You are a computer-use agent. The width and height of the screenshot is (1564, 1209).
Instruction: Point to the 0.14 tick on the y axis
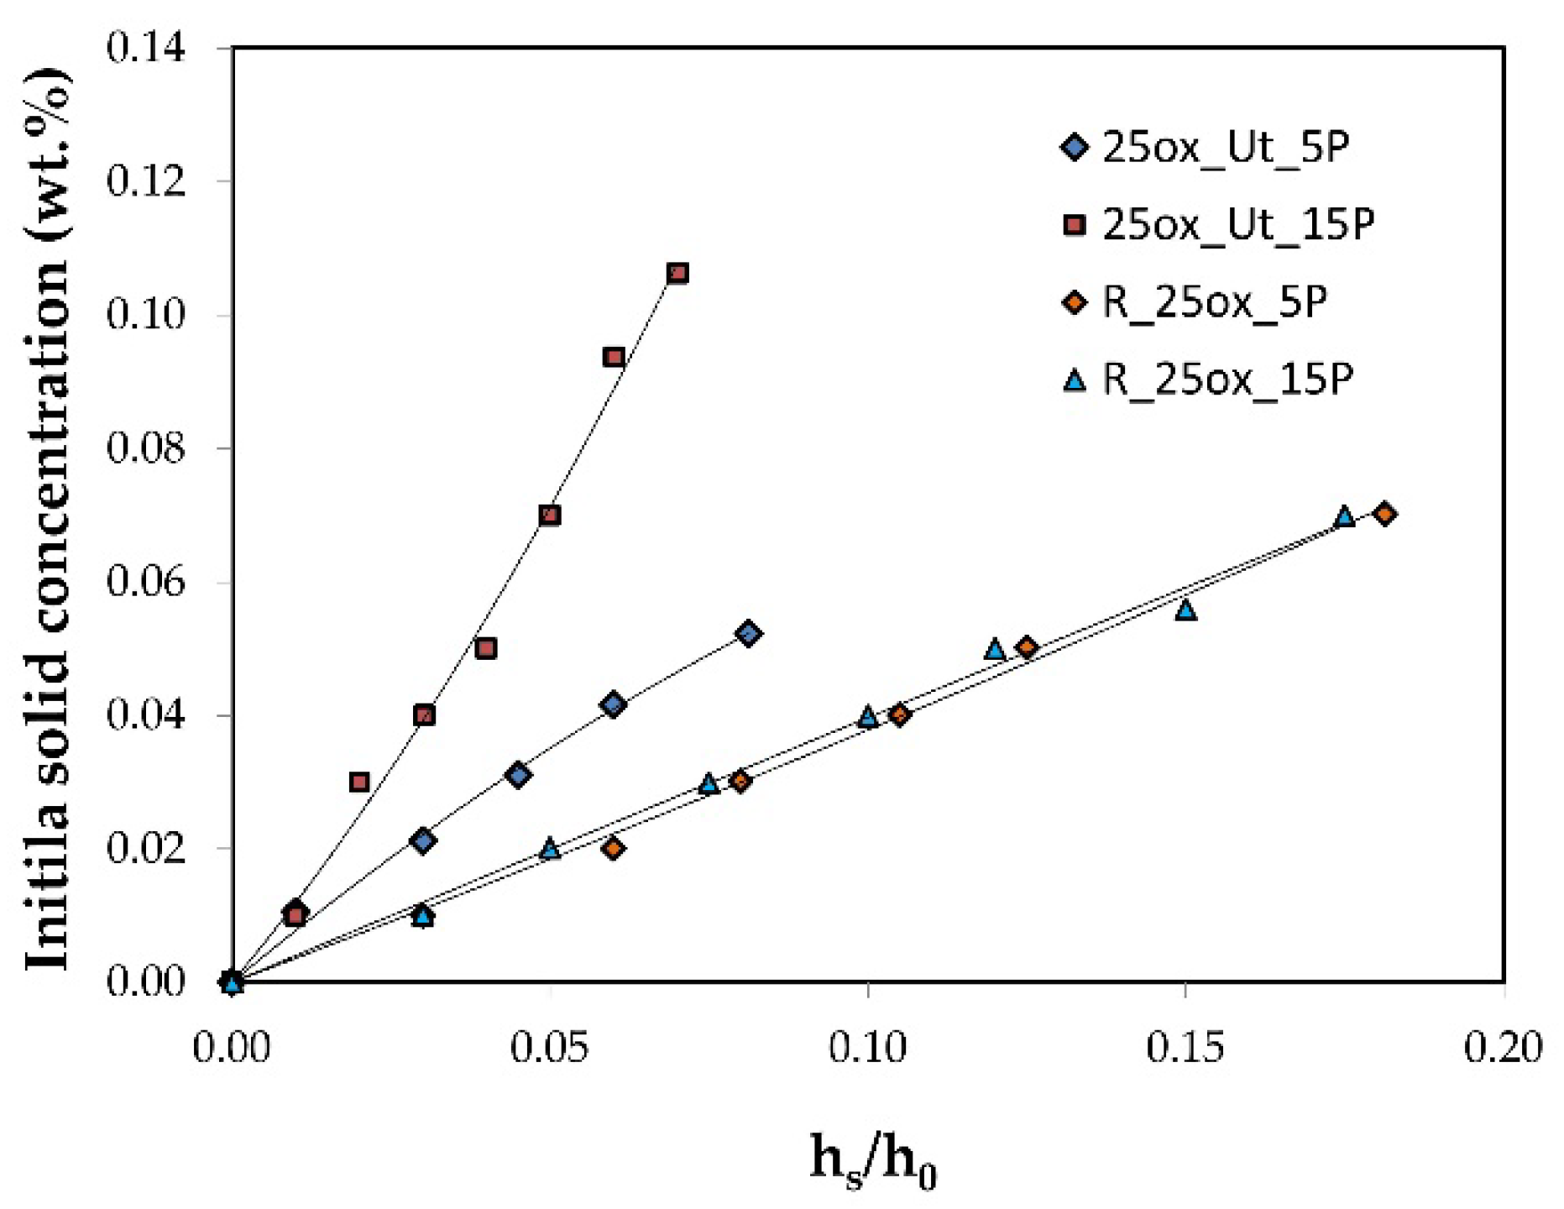pos(146,49)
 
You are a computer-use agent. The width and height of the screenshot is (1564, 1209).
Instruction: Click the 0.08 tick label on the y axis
pos(146,448)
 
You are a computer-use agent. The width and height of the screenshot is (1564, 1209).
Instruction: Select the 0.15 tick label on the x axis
pos(1185,1048)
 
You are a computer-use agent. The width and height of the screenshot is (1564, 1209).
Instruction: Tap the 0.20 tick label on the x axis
pos(1502,1048)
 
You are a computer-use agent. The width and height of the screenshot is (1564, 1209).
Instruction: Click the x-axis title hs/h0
pos(872,1161)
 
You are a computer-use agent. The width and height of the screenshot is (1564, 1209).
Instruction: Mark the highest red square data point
pos(677,273)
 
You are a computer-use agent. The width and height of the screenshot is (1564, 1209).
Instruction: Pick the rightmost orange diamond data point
pos(1385,514)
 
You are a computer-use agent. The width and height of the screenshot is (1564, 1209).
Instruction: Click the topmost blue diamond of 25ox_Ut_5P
pos(749,633)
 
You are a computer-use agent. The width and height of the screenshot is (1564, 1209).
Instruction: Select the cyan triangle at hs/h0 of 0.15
pos(1185,610)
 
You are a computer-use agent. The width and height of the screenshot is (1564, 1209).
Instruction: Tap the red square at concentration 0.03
pos(359,782)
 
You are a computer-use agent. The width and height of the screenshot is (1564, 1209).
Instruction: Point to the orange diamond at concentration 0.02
pos(614,849)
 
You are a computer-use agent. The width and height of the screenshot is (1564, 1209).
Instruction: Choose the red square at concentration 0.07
pos(550,515)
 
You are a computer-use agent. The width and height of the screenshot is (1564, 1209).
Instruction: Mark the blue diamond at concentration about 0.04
pos(614,704)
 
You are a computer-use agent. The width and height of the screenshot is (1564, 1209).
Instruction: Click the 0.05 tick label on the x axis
pos(550,1048)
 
